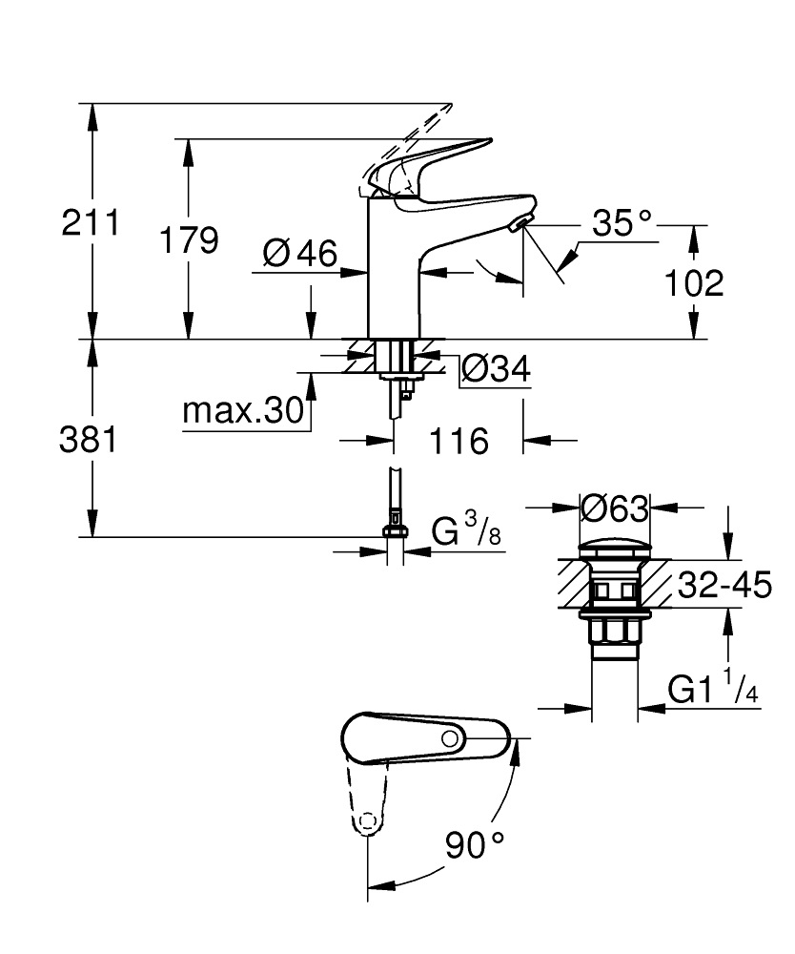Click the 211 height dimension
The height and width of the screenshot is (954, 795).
(91, 224)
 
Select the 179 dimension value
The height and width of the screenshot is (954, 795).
(189, 240)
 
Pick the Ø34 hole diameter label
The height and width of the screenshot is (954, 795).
(496, 367)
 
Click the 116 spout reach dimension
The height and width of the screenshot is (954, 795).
(459, 441)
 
